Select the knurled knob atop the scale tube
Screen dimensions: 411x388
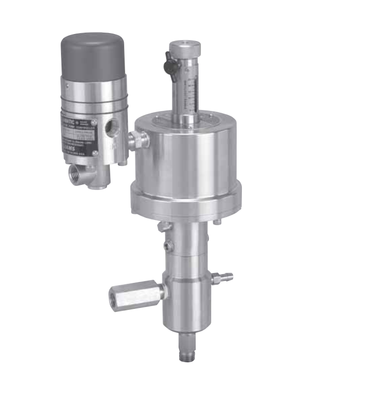pos(185,47)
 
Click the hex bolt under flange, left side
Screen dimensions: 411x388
pos(162,226)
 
